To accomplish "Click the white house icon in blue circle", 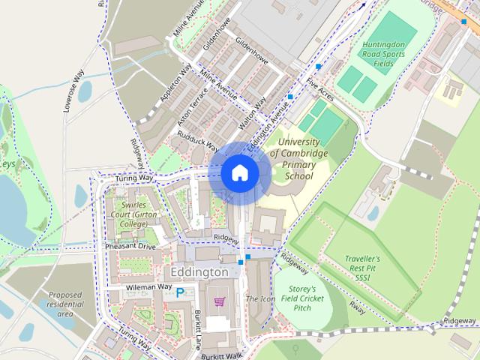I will (x=239, y=173).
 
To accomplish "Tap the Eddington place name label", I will (x=199, y=271).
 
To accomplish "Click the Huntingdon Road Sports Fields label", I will (x=388, y=54).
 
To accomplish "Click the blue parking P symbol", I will (x=180, y=294).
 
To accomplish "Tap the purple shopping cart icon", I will (x=219, y=301).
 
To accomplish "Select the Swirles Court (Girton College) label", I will (x=128, y=214).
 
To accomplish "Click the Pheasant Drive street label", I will (x=130, y=246).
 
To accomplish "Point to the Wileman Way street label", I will (x=148, y=287).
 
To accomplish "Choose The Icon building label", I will (x=261, y=298).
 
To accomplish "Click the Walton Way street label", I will (x=252, y=112).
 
